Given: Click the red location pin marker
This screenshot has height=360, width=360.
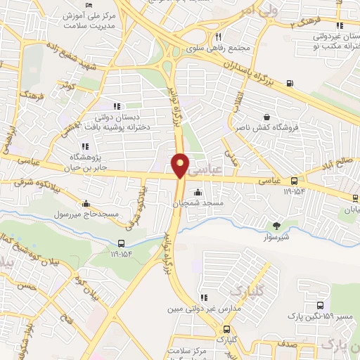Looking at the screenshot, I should pos(181,165).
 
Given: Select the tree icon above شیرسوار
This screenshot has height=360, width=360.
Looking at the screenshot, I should pos(276,225).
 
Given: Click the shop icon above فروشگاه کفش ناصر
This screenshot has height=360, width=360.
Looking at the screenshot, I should pos(266,117).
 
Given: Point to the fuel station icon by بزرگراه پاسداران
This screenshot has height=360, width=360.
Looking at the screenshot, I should pos(290,84).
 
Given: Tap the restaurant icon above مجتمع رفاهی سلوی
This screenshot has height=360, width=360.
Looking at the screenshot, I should pos(218,37).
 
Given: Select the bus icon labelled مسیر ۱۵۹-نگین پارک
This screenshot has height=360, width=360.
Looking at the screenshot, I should pos(321,306).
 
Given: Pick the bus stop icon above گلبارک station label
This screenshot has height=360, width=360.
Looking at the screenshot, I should pos(226,329).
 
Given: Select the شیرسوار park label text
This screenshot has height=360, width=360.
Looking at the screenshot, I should pos(276,236).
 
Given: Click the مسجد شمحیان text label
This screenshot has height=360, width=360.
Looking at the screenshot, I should pos(198,203).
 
